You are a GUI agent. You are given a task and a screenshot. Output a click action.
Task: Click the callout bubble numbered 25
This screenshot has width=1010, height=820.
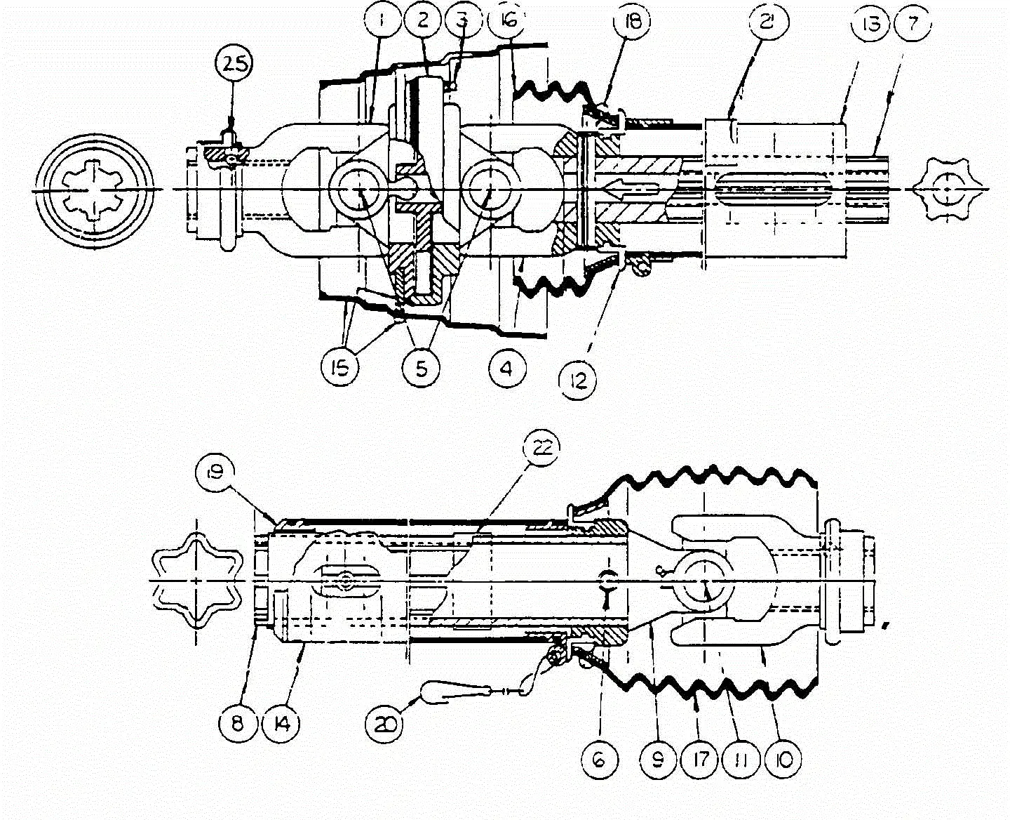[x=233, y=67]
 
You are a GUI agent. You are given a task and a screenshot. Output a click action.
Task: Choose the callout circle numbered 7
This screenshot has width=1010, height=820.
[x=912, y=26]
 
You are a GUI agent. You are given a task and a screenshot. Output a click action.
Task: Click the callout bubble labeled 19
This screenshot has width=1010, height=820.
[x=215, y=472]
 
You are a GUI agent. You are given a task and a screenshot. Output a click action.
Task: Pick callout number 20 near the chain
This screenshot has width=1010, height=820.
[x=384, y=722]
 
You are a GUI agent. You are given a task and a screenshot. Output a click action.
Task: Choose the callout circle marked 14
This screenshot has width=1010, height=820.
[x=282, y=722]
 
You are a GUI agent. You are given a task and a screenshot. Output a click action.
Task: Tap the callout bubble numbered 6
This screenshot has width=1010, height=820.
[x=600, y=759]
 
